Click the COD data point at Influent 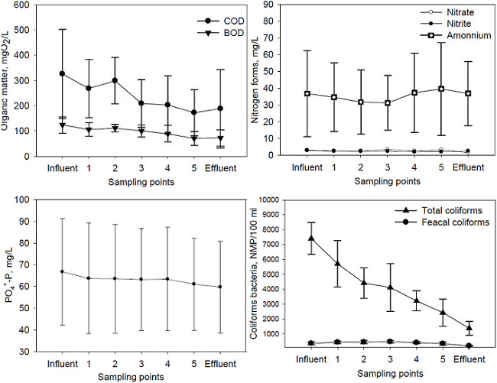62,73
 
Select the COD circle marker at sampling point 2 115,80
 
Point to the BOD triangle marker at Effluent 220,138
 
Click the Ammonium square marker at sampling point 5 441,89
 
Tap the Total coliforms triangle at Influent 312,238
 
